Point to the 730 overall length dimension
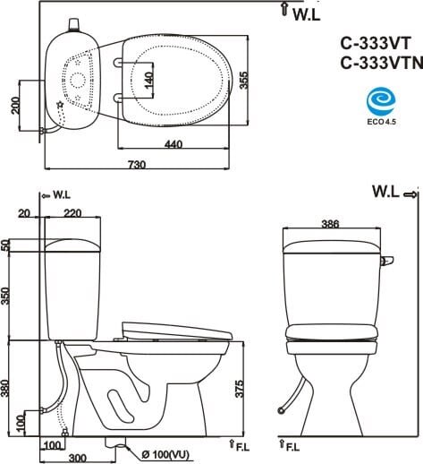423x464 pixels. coord(137,164)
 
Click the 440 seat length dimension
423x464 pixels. coord(173,144)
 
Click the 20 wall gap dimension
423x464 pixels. coord(24,213)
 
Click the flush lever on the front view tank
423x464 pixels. coord(385,260)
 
